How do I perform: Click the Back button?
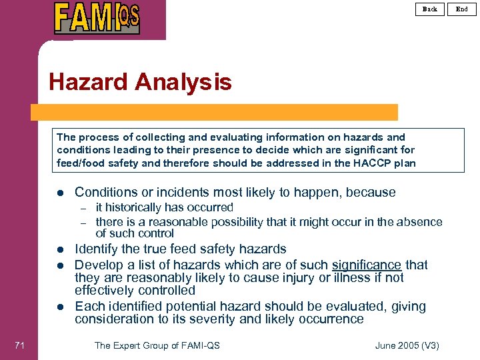(x=430, y=9)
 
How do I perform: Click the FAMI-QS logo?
(x=97, y=18)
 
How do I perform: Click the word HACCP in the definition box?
(x=365, y=163)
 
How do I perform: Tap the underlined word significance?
(x=367, y=265)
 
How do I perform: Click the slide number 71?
(x=19, y=345)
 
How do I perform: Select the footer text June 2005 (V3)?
(x=407, y=345)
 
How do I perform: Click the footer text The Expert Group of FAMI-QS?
(x=157, y=345)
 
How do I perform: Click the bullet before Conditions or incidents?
(x=60, y=193)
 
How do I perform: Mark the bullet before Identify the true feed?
(x=60, y=250)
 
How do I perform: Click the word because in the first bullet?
(x=370, y=193)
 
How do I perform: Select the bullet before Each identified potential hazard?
(x=60, y=307)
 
